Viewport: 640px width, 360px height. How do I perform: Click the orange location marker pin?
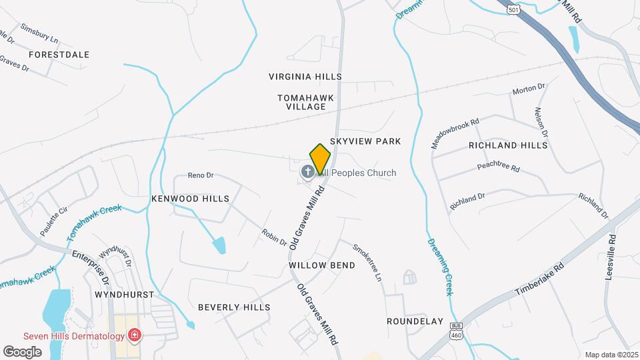click(x=320, y=159)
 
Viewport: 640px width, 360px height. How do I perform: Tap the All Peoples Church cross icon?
click(x=308, y=173)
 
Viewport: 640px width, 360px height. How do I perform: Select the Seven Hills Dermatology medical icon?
click(x=135, y=335)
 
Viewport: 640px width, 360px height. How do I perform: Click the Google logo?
click(x=22, y=351)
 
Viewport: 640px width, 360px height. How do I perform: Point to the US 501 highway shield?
click(x=513, y=10)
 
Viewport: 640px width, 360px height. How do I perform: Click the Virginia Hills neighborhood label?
click(x=305, y=77)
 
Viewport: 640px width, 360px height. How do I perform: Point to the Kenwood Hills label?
click(x=190, y=199)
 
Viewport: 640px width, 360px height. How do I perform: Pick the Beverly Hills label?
click(x=234, y=307)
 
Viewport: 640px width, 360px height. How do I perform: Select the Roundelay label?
click(x=415, y=321)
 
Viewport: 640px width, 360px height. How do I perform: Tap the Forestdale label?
click(x=59, y=54)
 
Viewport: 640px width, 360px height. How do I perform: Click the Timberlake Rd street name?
click(x=540, y=279)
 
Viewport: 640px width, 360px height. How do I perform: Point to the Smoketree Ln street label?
click(x=368, y=261)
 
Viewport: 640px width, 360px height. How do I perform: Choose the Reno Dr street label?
click(x=200, y=175)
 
